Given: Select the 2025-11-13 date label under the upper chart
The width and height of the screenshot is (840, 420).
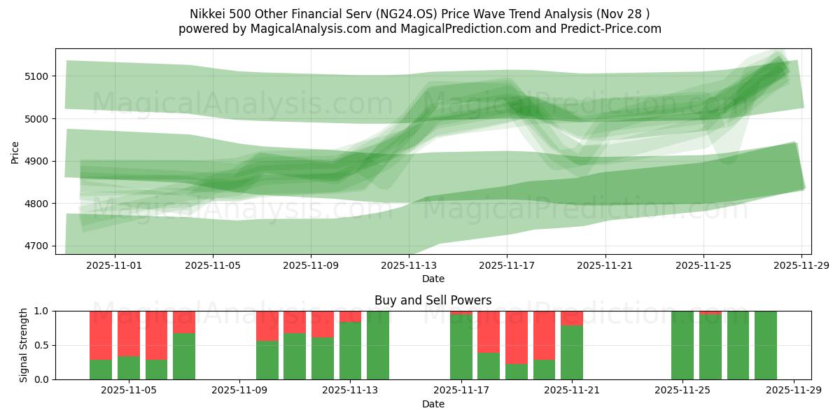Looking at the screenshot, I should pyautogui.click(x=409, y=266).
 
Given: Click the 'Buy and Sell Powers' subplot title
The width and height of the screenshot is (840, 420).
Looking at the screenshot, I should pyautogui.click(x=433, y=300).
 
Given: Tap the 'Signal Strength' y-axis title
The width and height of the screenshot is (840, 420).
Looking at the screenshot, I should pyautogui.click(x=24, y=344).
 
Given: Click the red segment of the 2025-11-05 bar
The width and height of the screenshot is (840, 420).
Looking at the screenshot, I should pyautogui.click(x=129, y=333).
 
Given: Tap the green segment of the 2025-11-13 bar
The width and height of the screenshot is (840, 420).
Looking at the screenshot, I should pyautogui.click(x=350, y=350).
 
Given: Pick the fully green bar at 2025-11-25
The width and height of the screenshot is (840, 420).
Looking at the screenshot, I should pyautogui.click(x=682, y=345).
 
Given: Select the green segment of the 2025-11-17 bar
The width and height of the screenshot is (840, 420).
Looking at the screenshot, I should pyautogui.click(x=461, y=347).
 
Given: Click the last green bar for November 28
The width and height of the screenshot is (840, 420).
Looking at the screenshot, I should pyautogui.click(x=766, y=345).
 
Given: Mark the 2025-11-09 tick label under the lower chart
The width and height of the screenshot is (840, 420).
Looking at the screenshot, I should pyautogui.click(x=239, y=391).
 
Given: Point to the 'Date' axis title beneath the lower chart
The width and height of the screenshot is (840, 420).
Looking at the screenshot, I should pyautogui.click(x=433, y=404).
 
